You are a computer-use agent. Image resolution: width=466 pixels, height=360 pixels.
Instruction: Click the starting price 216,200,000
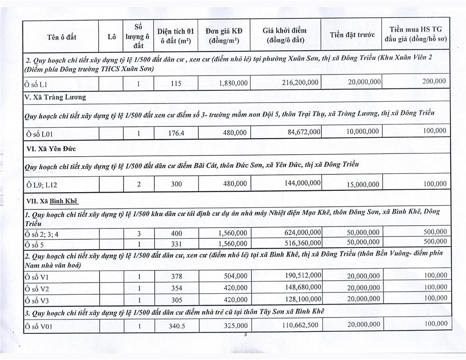[x=300, y=82]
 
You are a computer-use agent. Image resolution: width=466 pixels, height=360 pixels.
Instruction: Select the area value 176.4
[x=176, y=133]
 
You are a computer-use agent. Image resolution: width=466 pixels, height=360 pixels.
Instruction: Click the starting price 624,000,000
[x=302, y=232]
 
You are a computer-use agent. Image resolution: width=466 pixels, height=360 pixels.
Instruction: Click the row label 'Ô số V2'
[x=38, y=288]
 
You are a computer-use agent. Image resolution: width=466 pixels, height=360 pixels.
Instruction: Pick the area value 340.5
[x=176, y=326]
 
